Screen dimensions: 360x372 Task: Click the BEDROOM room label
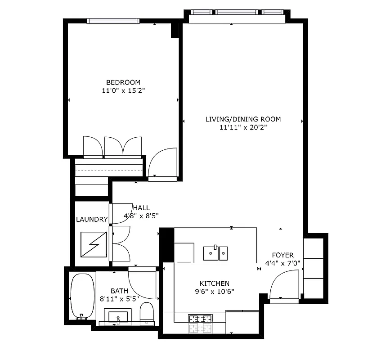coord(123,82)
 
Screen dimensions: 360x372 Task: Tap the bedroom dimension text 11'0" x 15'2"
coord(123,90)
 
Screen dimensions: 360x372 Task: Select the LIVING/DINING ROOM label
coord(243,119)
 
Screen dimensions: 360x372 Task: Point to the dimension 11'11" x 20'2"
coord(243,127)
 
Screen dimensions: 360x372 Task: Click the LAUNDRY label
coord(92,220)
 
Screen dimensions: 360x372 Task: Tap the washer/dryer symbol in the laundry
coord(92,244)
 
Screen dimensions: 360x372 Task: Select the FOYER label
coord(282,255)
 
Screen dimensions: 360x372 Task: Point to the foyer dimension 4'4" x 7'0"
coord(282,263)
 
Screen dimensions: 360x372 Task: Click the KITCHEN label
coord(215,283)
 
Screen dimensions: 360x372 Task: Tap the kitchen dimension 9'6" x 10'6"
coord(215,291)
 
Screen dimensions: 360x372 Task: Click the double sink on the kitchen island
coord(215,253)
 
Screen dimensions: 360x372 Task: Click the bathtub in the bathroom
coord(82,296)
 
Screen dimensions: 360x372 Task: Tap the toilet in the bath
coord(147,312)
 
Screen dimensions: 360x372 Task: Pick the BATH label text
coord(119,291)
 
